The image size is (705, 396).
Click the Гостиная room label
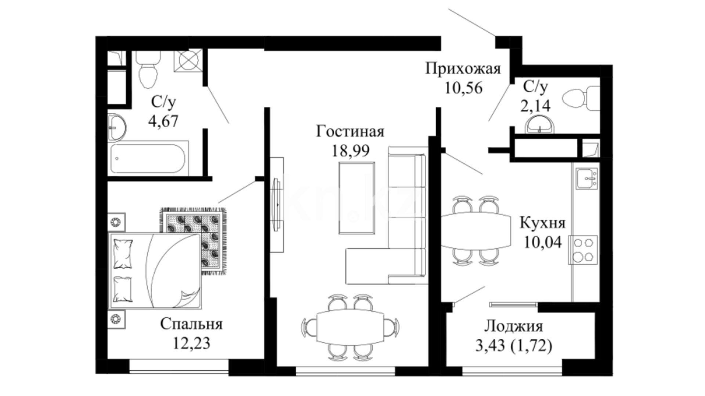(350, 131)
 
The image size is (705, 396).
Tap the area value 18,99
(350, 150)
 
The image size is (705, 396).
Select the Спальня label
(191, 324)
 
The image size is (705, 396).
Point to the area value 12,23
(191, 343)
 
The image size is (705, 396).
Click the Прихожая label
(463, 69)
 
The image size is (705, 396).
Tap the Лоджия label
(513, 326)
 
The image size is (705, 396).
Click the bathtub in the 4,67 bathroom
(149, 158)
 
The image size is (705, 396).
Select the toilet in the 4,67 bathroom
(148, 70)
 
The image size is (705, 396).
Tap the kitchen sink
(586, 179)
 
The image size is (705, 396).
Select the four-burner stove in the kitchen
(583, 250)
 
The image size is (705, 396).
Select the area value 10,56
(463, 88)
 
